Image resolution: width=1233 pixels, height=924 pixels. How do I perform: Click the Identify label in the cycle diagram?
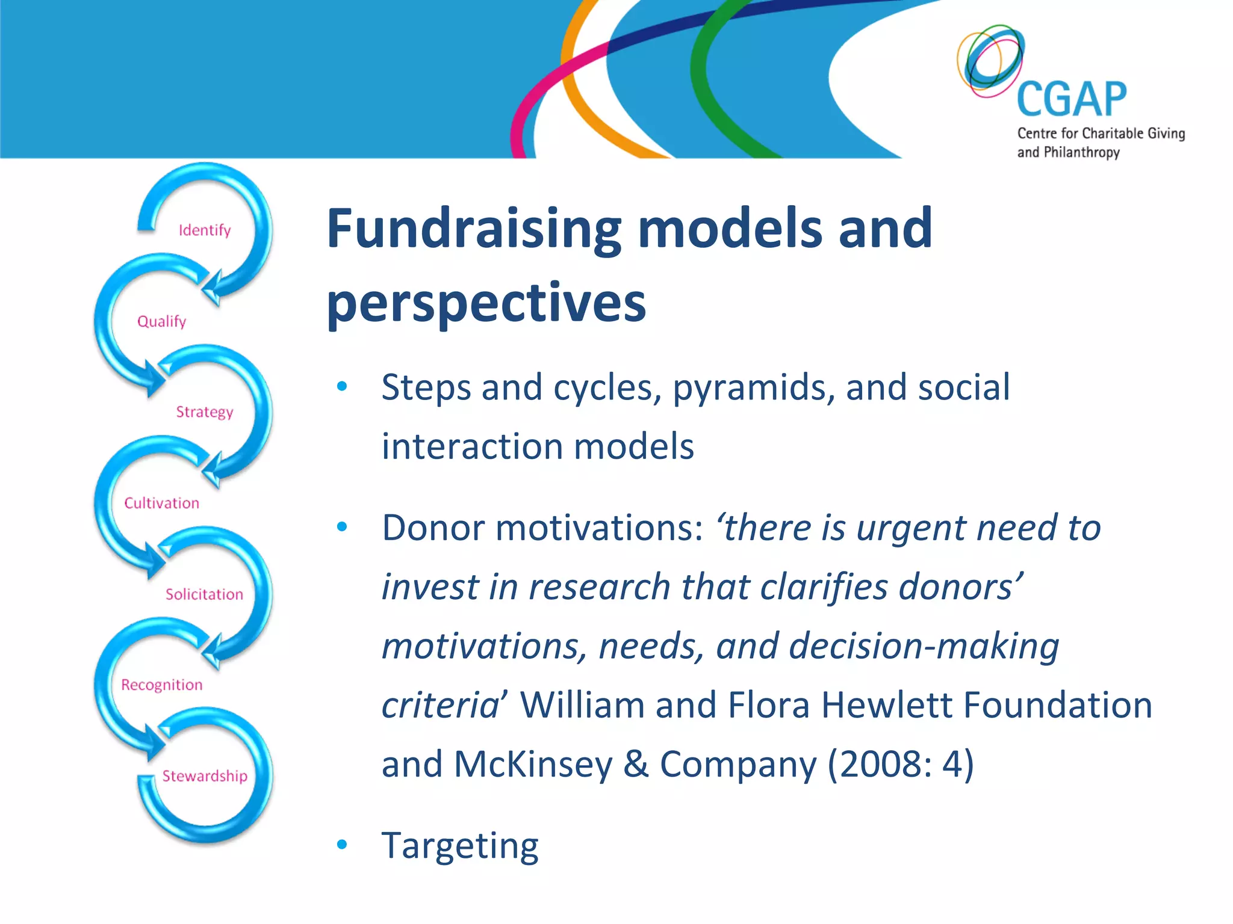tap(205, 230)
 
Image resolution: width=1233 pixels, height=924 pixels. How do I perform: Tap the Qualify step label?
tap(161, 321)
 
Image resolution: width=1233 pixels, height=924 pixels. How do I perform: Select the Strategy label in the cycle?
tap(205, 412)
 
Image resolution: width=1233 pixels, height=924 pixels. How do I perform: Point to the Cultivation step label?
tap(161, 503)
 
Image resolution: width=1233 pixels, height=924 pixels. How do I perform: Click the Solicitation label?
tap(205, 594)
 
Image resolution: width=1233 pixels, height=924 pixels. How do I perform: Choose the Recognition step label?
tap(161, 685)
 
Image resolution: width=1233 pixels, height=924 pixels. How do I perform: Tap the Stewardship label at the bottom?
tap(205, 776)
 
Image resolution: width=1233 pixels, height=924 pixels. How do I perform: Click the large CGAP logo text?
tap(1072, 100)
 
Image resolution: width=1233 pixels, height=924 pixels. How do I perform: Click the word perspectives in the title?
tap(486, 303)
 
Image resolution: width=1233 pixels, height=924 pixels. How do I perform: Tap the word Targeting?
tap(460, 846)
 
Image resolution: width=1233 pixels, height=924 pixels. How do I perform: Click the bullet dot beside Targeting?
tap(342, 845)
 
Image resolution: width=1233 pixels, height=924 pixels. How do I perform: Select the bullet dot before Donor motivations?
tap(342, 528)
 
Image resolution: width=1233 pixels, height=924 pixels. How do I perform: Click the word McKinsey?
tap(533, 764)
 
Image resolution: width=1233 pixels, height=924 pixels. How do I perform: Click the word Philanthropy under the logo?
tap(1081, 153)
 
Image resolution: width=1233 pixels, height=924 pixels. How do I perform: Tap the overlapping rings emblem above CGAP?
tap(990, 60)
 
